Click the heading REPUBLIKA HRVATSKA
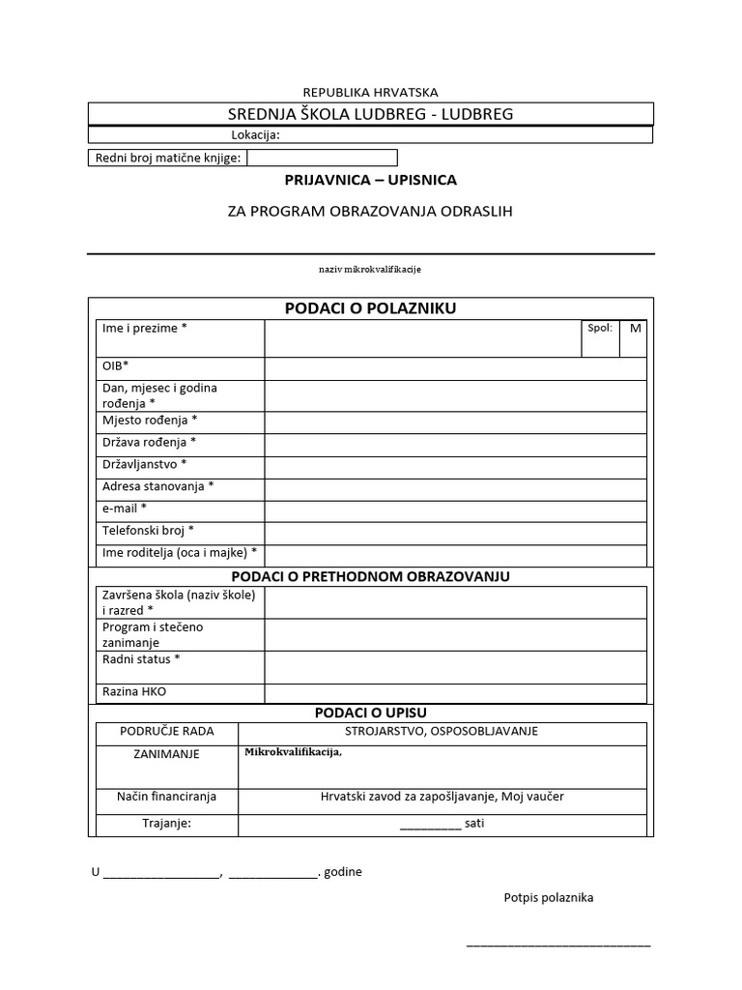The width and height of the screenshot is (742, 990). click(370, 92)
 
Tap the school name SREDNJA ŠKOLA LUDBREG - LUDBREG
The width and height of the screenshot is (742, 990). click(370, 114)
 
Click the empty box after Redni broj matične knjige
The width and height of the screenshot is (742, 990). click(323, 158)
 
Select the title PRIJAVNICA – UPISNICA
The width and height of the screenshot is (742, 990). click(370, 180)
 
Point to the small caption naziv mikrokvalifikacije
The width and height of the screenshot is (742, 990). click(370, 268)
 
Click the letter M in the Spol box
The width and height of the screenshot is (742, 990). click(635, 329)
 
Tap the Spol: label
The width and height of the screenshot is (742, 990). click(600, 328)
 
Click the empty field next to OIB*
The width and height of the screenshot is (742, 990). click(455, 368)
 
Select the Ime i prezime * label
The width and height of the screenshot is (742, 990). click(145, 329)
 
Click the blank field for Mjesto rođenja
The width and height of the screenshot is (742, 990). click(455, 422)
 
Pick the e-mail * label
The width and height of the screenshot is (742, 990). click(125, 508)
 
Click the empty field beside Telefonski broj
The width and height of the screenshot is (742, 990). click(455, 533)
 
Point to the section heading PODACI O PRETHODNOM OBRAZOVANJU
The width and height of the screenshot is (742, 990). click(370, 576)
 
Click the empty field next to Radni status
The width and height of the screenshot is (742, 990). click(455, 667)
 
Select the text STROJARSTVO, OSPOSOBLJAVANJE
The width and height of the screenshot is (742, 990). click(442, 732)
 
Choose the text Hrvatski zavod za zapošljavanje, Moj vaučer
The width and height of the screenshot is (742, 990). click(442, 797)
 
